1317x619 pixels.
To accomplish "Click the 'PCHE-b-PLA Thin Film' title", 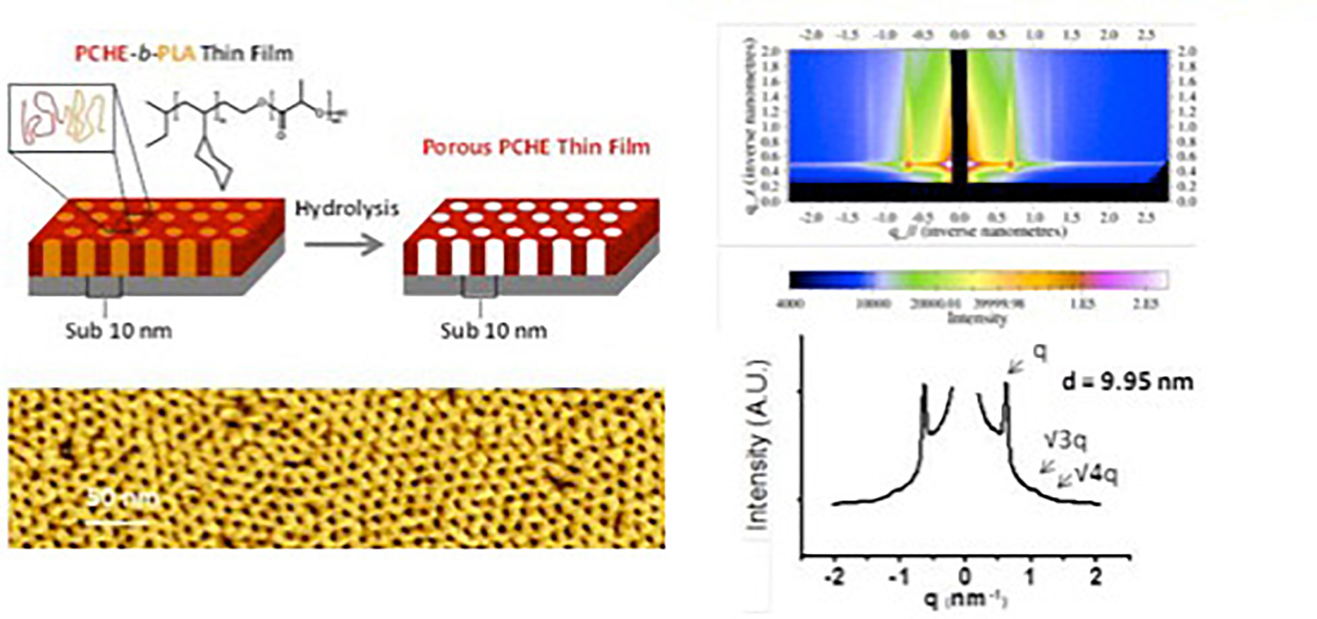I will (184, 53).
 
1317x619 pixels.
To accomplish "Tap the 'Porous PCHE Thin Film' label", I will (536, 147).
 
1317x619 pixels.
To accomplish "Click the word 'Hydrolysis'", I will (346, 209).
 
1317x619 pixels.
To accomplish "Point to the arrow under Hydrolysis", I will (344, 245).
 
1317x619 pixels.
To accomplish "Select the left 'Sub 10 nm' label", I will (119, 331).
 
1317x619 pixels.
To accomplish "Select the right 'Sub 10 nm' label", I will (494, 331).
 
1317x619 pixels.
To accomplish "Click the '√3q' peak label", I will (1066, 441).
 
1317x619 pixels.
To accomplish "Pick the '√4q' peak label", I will (1095, 476).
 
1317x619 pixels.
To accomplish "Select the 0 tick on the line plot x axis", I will (964, 577).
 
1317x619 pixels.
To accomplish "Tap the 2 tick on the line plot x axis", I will (1095, 577).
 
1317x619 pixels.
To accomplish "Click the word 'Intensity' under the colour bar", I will (976, 318).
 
